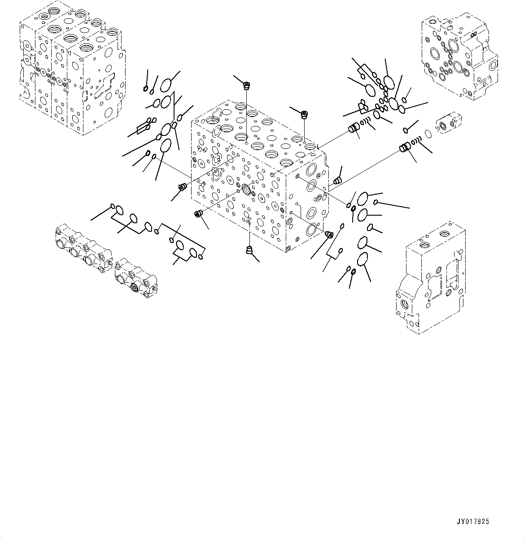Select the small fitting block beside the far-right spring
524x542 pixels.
[449, 124]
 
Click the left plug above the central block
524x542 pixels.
[246, 84]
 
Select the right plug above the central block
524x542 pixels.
[305, 114]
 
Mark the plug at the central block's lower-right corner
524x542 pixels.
[328, 234]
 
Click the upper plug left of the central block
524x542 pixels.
[182, 187]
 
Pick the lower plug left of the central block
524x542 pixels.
[198, 214]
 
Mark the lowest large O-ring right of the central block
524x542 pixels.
[362, 260]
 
